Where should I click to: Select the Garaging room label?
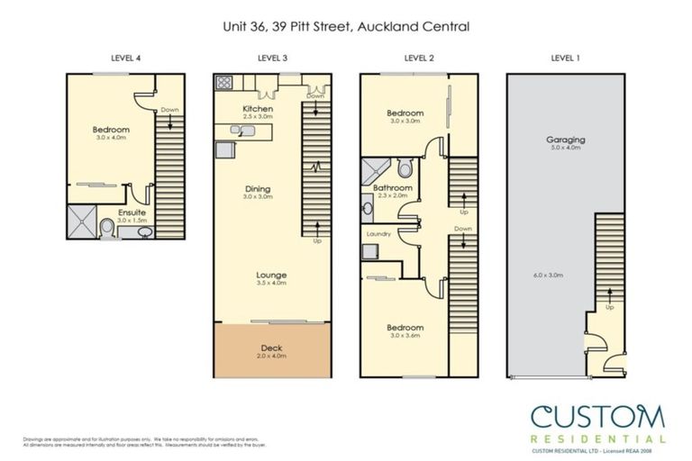(x=566, y=140)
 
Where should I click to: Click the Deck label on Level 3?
(x=271, y=348)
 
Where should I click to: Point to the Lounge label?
(x=271, y=275)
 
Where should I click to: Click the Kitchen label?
(x=258, y=109)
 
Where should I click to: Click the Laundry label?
(x=377, y=232)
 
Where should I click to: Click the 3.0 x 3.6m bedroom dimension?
(x=405, y=335)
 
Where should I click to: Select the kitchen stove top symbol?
(x=223, y=84)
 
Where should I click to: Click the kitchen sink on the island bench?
(x=237, y=131)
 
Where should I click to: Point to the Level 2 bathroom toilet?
(x=405, y=168)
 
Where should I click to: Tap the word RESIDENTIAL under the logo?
(x=597, y=439)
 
